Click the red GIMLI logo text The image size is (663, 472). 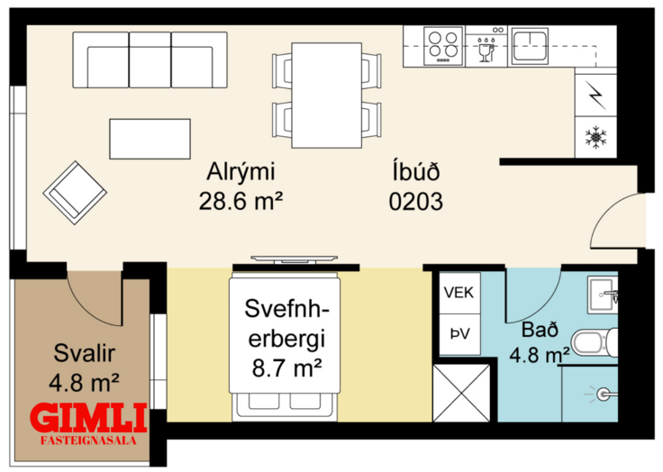click(90, 418)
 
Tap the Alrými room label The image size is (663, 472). click(241, 172)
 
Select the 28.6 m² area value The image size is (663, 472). click(241, 201)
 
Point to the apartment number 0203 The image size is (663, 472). click(415, 201)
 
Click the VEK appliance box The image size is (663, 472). click(459, 293)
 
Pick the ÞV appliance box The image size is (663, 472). click(459, 334)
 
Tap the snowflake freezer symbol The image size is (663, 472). click(595, 138)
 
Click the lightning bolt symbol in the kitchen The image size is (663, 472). click(595, 95)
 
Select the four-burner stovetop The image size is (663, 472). click(443, 46)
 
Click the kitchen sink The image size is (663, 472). click(531, 46)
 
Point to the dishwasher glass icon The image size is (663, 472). click(486, 50)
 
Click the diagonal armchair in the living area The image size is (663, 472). click(75, 193)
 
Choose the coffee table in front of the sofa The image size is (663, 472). click(150, 139)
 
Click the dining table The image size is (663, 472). click(326, 95)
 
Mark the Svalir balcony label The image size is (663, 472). click(84, 353)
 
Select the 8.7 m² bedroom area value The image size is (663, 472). click(287, 368)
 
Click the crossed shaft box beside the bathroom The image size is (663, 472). click(462, 393)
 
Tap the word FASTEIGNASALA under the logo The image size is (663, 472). click(89, 440)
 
